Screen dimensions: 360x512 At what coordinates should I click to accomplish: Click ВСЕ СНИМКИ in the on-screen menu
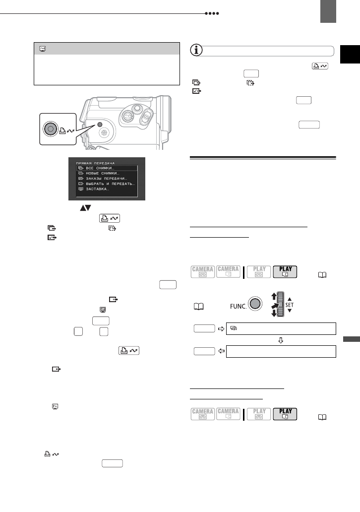click(x=100, y=169)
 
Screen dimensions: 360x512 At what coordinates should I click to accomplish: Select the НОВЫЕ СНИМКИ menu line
click(x=103, y=173)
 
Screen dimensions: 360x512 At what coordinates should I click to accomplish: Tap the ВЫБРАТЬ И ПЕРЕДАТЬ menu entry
click(x=111, y=183)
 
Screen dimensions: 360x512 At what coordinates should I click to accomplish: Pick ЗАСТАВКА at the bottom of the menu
click(x=98, y=189)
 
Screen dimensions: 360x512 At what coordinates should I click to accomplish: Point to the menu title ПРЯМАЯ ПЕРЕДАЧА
click(x=96, y=163)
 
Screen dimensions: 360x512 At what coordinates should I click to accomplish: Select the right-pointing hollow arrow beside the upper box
click(x=220, y=328)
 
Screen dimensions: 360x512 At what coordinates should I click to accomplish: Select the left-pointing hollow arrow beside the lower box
click(x=220, y=351)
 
